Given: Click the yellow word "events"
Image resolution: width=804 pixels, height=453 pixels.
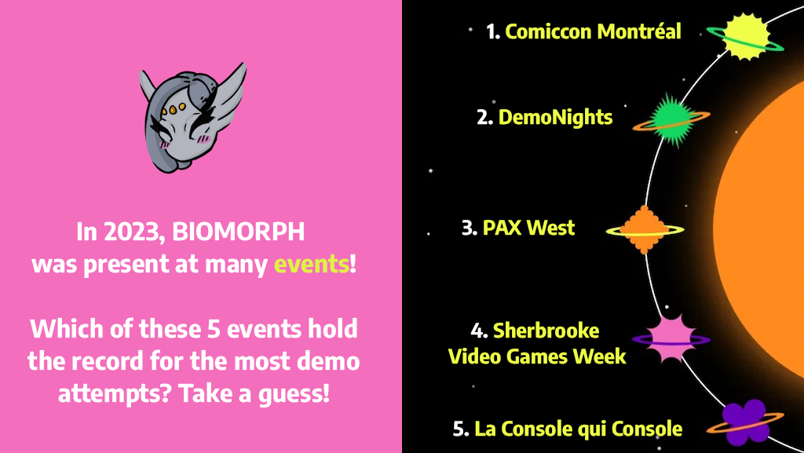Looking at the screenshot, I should [x=310, y=265].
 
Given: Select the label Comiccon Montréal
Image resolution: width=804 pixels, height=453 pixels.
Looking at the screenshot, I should [x=593, y=31].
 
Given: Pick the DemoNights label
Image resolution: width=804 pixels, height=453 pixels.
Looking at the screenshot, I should [x=555, y=118].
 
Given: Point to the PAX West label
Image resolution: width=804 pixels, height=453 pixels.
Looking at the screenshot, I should [x=528, y=228].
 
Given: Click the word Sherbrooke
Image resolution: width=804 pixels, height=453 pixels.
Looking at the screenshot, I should [x=546, y=330].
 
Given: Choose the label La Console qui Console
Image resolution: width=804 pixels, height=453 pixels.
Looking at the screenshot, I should [x=578, y=429].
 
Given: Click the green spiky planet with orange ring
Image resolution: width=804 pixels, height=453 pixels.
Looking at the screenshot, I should [x=671, y=119].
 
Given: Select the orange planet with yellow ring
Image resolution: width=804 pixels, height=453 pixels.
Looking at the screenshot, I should [x=645, y=229].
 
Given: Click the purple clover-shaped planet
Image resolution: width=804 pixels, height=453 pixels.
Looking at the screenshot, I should [x=743, y=422].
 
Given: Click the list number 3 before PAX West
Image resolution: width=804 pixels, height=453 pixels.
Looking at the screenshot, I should [x=469, y=228].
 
